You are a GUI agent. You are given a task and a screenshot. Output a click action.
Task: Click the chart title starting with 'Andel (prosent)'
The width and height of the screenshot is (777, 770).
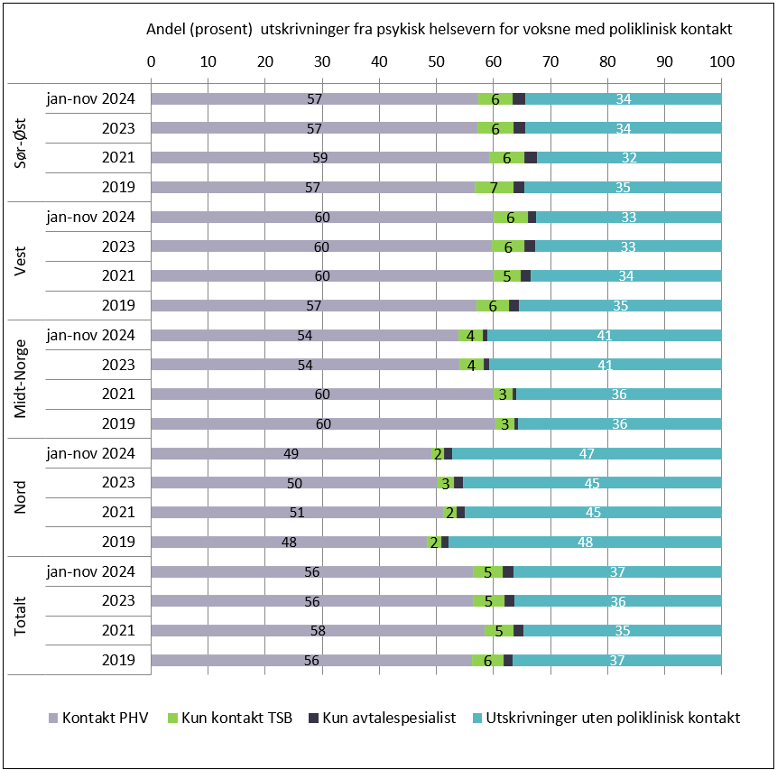[439, 29]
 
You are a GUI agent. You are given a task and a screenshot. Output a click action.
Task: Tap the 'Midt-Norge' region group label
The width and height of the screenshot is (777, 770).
[23, 379]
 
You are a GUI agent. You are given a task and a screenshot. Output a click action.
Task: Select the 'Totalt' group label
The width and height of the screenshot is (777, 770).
[23, 616]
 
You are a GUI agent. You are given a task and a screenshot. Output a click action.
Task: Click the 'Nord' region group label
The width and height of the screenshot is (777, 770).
[23, 497]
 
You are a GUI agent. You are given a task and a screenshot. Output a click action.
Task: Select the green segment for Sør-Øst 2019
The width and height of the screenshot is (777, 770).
[494, 187]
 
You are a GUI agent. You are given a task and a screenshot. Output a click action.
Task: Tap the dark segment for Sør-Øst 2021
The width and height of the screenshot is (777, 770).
[531, 157]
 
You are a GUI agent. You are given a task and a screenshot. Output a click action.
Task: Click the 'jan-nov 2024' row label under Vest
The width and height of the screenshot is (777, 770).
[91, 217]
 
